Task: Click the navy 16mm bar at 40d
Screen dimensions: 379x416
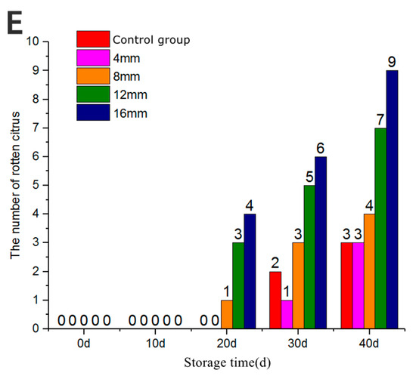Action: [391, 199]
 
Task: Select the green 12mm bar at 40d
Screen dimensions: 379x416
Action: [380, 228]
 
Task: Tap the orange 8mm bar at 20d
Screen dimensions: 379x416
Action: [226, 314]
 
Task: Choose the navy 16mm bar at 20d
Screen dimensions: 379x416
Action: [249, 271]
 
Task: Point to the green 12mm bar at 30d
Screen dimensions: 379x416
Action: [311, 257]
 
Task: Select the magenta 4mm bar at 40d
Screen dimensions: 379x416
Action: [357, 285]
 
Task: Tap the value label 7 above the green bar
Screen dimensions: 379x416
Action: [380, 119]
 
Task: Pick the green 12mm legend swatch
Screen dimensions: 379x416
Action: [92, 94]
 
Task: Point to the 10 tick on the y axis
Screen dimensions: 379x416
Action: [33, 41]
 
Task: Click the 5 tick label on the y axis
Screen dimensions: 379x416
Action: [36, 185]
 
